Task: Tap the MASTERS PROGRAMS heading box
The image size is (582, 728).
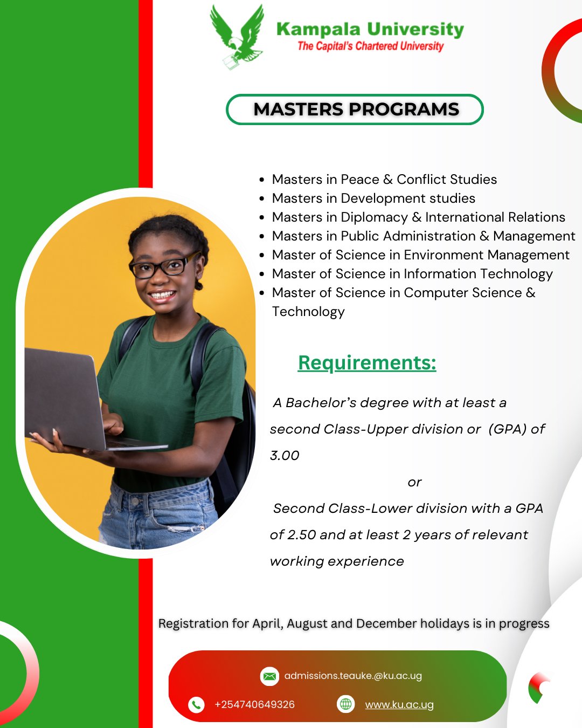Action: point(355,109)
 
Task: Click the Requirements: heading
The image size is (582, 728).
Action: point(367,362)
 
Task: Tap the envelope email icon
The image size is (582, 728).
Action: point(269,676)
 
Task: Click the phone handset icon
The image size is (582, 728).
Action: point(196,705)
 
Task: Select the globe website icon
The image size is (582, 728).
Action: point(345,704)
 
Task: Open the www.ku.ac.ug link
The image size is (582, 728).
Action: point(399,705)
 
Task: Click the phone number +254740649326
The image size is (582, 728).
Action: point(255,705)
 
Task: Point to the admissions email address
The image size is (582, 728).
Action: point(353,676)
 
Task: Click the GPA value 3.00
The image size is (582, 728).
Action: point(285,456)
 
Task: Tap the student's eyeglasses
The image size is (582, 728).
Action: point(164,265)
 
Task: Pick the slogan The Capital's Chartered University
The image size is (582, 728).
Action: point(370,46)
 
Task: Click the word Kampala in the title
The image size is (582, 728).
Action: point(318,30)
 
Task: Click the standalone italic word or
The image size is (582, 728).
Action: point(414,483)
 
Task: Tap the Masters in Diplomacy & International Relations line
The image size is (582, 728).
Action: point(419,217)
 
